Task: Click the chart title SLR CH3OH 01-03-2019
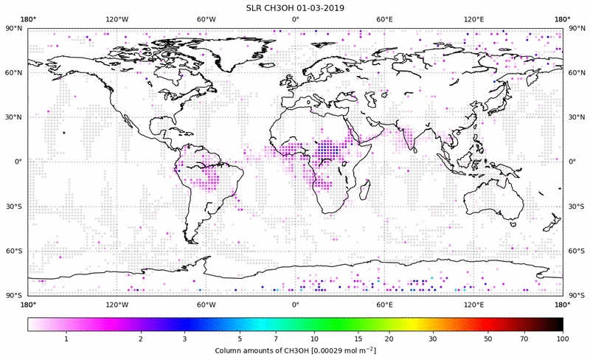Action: (295, 7)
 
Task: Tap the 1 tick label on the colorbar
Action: (66, 339)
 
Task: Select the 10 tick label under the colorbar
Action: (314, 339)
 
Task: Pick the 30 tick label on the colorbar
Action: (433, 339)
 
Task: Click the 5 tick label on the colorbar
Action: (254, 339)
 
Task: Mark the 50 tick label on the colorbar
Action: (488, 339)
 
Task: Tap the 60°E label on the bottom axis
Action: (384, 304)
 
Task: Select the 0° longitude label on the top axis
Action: (295, 18)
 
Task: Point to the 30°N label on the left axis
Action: (14, 117)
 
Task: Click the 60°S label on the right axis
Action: (576, 251)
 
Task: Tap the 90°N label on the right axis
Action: (576, 28)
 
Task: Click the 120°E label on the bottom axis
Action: (473, 304)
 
